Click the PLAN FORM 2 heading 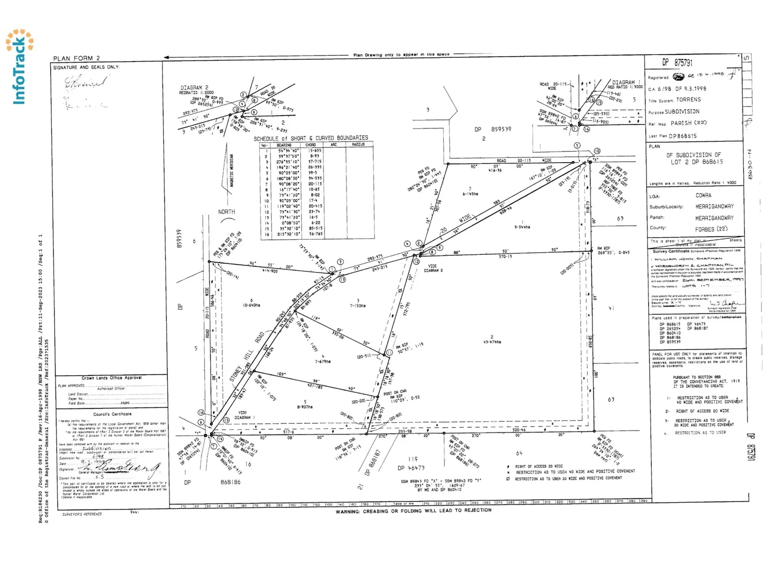pyautogui.click(x=76, y=58)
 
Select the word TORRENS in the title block pyautogui.click(x=688, y=100)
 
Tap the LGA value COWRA pyautogui.click(x=703, y=195)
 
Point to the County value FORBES pyautogui.click(x=707, y=229)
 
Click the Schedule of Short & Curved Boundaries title pyautogui.click(x=311, y=138)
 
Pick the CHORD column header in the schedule pyautogui.click(x=311, y=145)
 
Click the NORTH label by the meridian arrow pyautogui.click(x=226, y=212)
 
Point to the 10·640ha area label pyautogui.click(x=251, y=305)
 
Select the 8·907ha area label pyautogui.click(x=305, y=407)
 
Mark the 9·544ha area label pyautogui.click(x=522, y=227)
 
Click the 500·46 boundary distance pyautogui.click(x=519, y=430)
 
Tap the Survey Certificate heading pyautogui.click(x=671, y=250)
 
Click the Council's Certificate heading pyautogui.click(x=112, y=414)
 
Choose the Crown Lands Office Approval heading pyautogui.click(x=111, y=378)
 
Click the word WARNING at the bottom pyautogui.click(x=348, y=512)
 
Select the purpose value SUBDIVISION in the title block pyautogui.click(x=682, y=112)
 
